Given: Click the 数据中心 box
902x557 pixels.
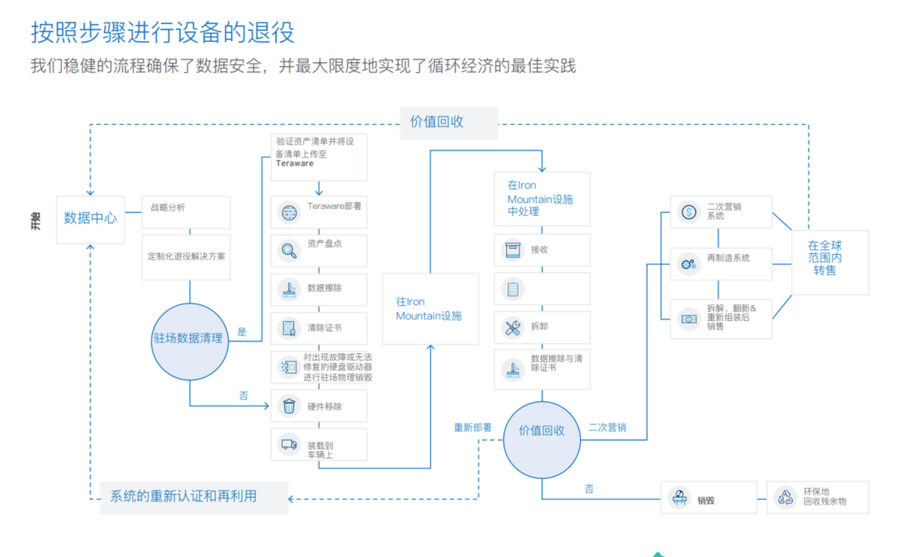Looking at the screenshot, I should [90, 219].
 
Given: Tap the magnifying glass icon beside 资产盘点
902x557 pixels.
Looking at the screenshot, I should [289, 251].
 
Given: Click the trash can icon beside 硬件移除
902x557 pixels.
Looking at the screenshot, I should [289, 406].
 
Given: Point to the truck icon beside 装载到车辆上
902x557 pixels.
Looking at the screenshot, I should [289, 444].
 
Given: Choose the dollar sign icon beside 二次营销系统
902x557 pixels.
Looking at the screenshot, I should [688, 212].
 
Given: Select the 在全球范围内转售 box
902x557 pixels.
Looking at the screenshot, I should [829, 262].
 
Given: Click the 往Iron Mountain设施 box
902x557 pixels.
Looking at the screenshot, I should [430, 309].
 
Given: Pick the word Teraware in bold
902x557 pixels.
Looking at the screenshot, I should [295, 164].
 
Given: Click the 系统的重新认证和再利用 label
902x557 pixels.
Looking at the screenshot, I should [183, 496].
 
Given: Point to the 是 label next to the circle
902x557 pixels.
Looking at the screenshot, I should [242, 332].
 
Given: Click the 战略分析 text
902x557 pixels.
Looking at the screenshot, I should [168, 208].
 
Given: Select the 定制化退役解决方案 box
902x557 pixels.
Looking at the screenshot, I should [186, 257].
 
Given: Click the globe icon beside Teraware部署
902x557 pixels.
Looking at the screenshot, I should [289, 213].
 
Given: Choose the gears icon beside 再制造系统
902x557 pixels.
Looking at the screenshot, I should [688, 264].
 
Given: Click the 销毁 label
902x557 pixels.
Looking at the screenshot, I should [706, 500].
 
